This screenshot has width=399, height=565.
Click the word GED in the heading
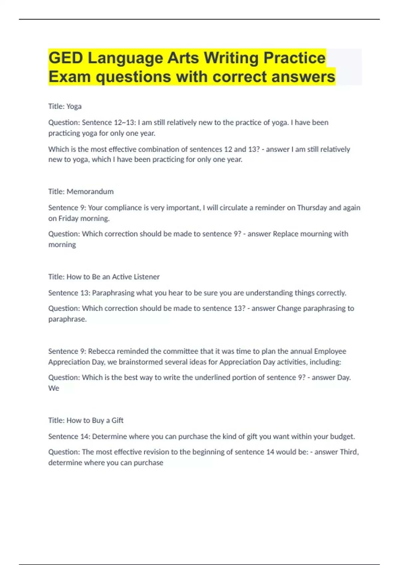pos(66,58)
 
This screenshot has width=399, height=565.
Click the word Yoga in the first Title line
pos(74,106)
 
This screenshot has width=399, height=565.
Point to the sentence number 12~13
pos(125,123)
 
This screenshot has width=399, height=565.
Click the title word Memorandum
pos(90,191)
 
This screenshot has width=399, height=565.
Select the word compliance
pos(123,208)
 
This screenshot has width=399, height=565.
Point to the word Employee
pos(330,351)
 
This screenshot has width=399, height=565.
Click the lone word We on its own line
pos(54,388)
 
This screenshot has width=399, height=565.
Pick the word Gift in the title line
pos(117,420)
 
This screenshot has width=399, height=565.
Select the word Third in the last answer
pos(348,452)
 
